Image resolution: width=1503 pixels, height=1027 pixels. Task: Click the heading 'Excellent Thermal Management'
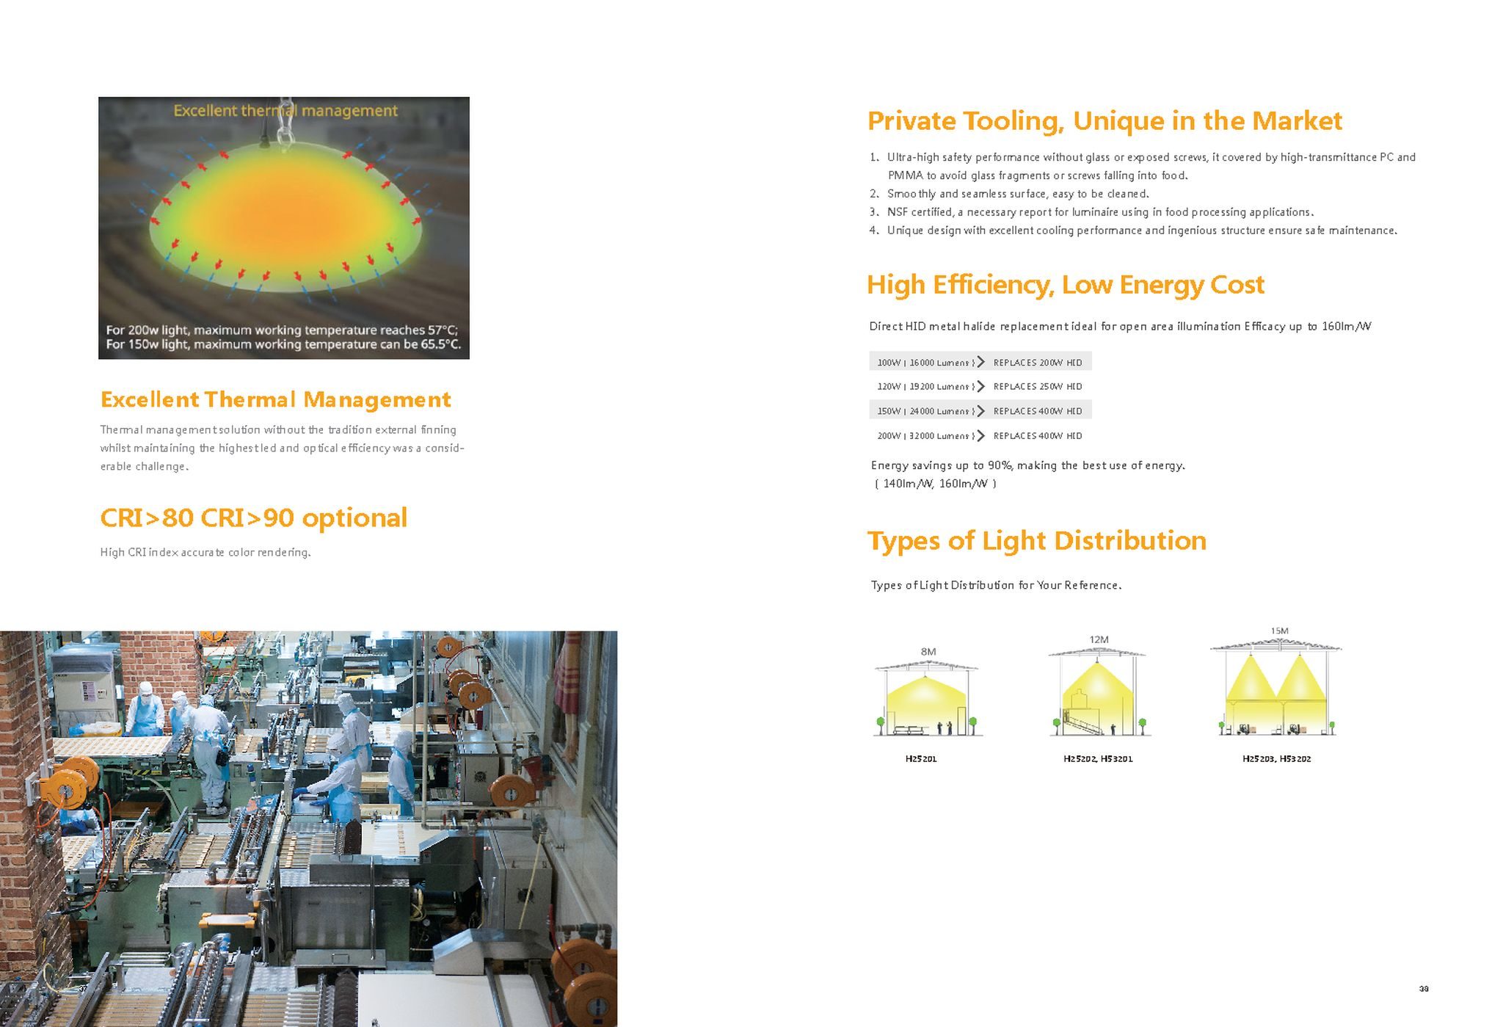275,399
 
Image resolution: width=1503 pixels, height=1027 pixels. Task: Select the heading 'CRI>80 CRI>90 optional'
253,518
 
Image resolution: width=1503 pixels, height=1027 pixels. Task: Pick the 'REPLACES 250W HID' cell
1038,386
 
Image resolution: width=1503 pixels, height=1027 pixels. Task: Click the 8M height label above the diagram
928,651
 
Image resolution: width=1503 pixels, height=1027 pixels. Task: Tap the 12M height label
1099,639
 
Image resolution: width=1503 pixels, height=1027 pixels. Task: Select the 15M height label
1279,631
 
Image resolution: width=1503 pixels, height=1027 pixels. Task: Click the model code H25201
921,758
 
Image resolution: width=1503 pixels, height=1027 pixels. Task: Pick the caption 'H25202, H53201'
1098,758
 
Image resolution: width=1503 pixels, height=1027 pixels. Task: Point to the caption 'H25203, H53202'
1276,758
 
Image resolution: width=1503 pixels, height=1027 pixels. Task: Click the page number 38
1424,989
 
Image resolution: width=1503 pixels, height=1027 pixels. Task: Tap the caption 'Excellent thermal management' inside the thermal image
285,111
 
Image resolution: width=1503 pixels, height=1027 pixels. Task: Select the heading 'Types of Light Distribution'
1037,541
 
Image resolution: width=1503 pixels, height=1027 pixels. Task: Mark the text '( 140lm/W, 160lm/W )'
936,483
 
